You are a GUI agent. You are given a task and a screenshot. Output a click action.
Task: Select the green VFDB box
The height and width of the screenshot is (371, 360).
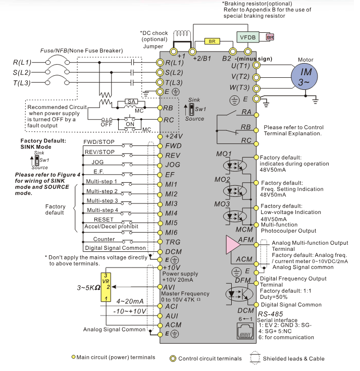248,37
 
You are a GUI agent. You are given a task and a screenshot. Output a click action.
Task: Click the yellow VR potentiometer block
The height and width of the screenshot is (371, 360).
106,287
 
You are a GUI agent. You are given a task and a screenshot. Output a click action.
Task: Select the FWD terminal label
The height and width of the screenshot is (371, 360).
173,145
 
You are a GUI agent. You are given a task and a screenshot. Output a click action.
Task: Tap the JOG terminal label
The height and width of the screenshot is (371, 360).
173,165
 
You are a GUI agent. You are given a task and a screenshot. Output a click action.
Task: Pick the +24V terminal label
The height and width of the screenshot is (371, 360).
174,136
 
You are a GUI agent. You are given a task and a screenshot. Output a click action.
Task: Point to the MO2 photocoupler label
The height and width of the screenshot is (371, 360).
223,180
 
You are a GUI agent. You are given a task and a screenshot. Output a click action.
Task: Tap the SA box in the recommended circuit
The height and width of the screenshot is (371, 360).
131,102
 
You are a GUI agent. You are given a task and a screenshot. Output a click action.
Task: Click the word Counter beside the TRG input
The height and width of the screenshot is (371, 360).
104,239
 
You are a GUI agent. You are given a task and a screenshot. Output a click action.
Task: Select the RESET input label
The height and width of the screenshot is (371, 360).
104,219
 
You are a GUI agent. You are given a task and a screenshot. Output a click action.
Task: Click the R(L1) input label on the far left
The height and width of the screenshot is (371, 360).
22,63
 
